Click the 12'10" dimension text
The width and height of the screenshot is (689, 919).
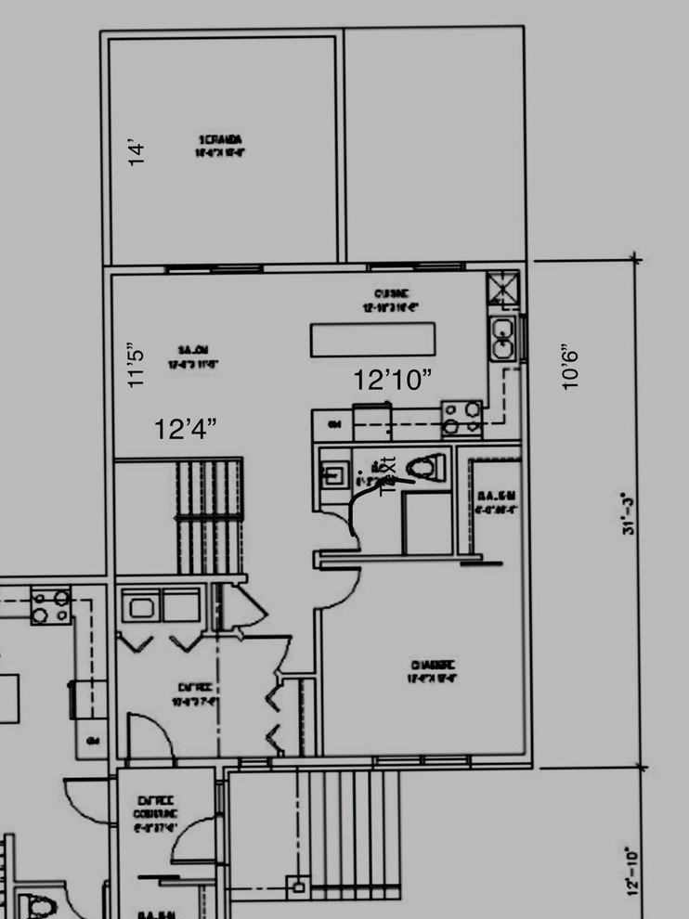[394, 380]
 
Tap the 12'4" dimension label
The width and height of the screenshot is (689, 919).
[186, 429]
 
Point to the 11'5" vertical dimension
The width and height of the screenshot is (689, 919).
[136, 367]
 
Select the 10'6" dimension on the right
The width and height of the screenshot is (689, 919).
[570, 367]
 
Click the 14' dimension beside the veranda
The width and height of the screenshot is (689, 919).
[136, 152]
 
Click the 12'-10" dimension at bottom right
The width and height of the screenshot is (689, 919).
[634, 870]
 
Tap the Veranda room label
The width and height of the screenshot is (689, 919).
[220, 146]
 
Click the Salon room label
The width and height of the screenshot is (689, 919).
[192, 356]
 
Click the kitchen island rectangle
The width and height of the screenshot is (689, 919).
[373, 339]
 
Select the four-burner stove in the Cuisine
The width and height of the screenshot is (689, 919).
[461, 418]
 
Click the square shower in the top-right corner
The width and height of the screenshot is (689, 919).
[502, 290]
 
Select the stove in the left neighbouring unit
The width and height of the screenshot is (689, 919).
[51, 605]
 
